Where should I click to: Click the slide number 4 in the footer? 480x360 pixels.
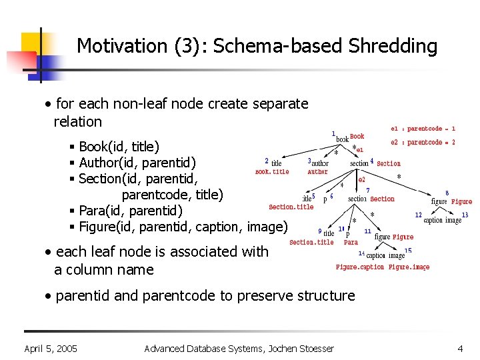tap(460, 349)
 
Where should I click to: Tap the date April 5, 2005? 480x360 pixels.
tap(51, 349)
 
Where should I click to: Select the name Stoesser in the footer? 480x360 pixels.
tap(311, 349)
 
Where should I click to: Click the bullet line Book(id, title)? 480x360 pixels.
tap(119, 146)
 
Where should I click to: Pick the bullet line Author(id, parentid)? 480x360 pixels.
tap(127, 162)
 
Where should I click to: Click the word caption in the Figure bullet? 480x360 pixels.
tap(217, 227)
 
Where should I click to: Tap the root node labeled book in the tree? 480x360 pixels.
tap(342, 139)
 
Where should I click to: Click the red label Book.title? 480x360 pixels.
tap(272, 172)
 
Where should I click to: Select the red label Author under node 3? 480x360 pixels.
tap(318, 172)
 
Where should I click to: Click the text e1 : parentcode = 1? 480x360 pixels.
tap(423, 129)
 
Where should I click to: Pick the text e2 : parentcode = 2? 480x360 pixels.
tap(423, 142)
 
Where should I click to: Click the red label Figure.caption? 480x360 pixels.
tap(360, 267)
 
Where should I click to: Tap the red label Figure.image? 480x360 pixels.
tap(409, 267)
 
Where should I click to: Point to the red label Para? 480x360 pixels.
tap(351, 243)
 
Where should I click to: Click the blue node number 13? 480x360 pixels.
tap(465, 215)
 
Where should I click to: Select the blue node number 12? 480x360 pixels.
tap(418, 215)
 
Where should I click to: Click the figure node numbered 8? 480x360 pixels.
tap(439, 201)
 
